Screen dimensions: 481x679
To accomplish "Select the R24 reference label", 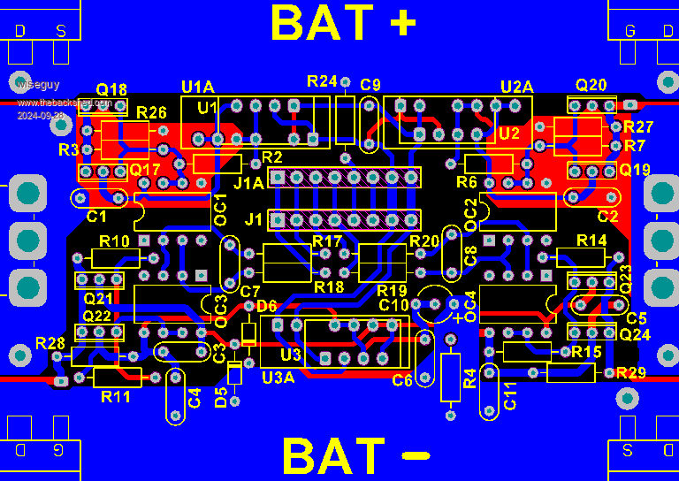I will (x=322, y=80).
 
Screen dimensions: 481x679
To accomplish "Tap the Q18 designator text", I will (x=111, y=89).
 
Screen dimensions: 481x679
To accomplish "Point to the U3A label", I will (x=278, y=377).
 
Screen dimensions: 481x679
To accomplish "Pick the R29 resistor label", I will (x=631, y=372).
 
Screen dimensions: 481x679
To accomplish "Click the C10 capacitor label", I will (x=393, y=305).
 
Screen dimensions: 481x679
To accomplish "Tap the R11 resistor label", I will (x=116, y=396).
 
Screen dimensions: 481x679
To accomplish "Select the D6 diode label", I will (x=266, y=306).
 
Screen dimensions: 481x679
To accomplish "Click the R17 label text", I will (x=327, y=241).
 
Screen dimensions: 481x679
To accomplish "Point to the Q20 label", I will (x=591, y=85).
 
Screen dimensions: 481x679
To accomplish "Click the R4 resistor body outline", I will (x=451, y=371).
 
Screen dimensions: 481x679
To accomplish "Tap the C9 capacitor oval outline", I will (x=370, y=124).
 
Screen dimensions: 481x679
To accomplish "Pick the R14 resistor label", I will (x=591, y=240).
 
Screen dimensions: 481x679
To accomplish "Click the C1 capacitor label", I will (x=97, y=216).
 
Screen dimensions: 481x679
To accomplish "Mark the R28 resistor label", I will (x=50, y=343).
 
